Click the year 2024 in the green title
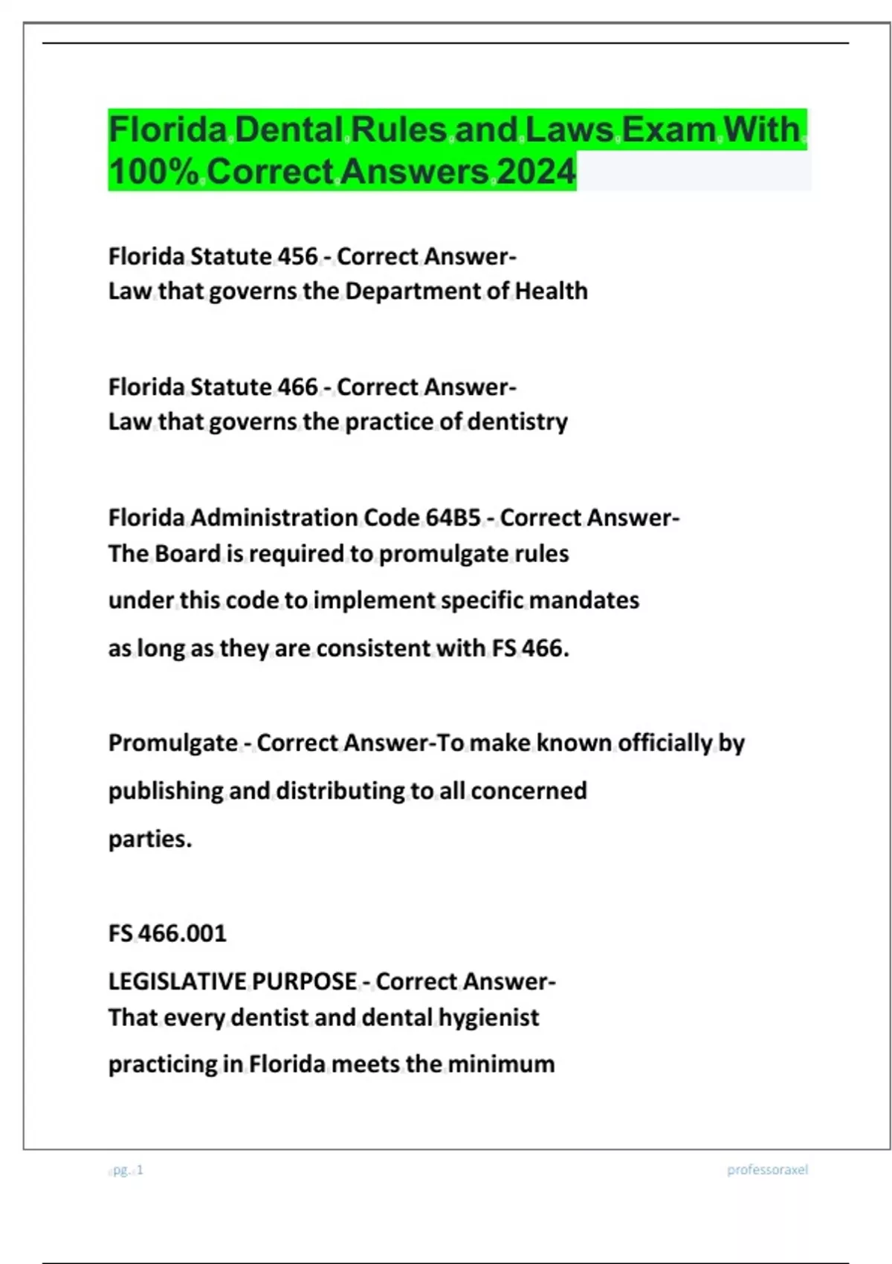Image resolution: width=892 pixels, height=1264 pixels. point(536,172)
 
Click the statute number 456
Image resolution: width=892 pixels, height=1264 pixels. point(297,257)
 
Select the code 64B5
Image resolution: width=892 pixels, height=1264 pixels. point(453,517)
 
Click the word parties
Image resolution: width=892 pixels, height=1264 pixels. point(149,839)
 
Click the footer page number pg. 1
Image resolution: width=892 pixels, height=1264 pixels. point(127,1170)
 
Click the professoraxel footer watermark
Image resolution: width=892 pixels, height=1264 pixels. point(767,1170)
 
